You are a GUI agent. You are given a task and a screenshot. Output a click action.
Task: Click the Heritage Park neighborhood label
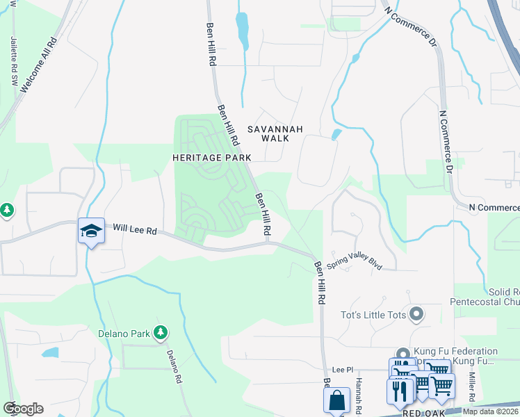pos(212,158)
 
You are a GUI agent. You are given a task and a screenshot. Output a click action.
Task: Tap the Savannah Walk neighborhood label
pos(275,133)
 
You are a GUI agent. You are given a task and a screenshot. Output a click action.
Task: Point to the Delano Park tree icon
pos(161,333)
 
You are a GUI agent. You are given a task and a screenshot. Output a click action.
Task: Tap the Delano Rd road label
pos(174,366)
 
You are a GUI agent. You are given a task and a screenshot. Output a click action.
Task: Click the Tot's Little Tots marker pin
pos(416,315)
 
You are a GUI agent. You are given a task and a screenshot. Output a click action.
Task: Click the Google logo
pos(23,408)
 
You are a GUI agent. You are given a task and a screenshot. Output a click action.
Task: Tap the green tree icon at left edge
pos(6,208)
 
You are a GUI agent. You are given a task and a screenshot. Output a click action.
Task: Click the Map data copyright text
pos(491,411)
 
